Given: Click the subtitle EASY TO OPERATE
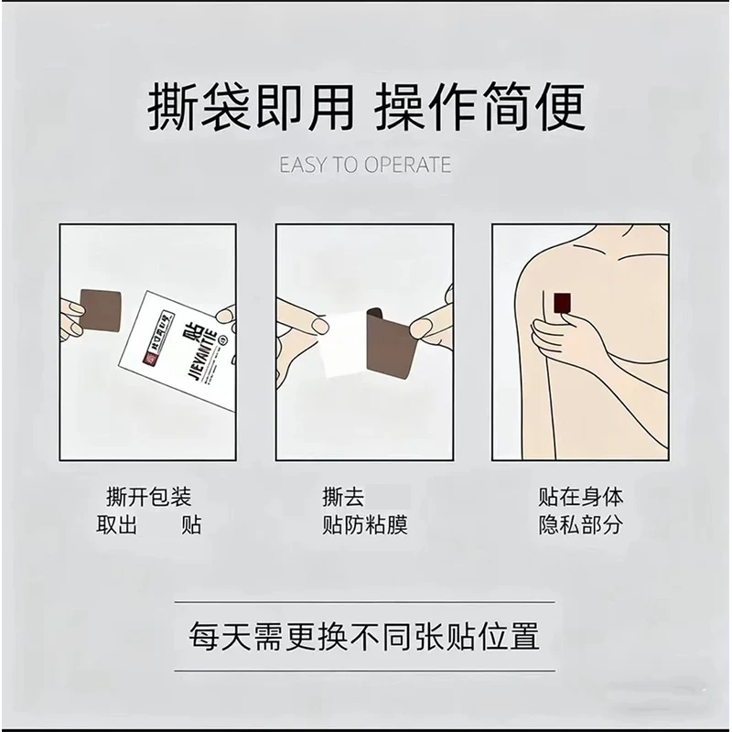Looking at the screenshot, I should (365, 165).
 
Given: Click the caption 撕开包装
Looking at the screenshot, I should (149, 499).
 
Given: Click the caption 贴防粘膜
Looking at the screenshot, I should (364, 525).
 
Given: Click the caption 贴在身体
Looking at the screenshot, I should (581, 499).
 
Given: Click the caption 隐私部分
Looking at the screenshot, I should (581, 525).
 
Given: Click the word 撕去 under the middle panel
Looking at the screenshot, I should (343, 499).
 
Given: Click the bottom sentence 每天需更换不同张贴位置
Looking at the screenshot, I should (363, 635).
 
